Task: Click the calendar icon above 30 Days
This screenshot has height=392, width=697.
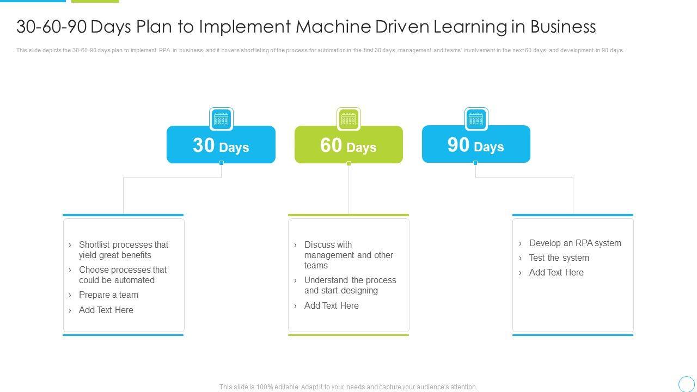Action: pyautogui.click(x=221, y=119)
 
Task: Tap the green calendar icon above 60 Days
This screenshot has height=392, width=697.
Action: pyautogui.click(x=348, y=119)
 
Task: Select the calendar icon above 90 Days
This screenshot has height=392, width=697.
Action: pyautogui.click(x=476, y=119)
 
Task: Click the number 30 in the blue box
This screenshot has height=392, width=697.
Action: pyautogui.click(x=204, y=145)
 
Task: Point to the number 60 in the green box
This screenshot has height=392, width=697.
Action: pyautogui.click(x=331, y=145)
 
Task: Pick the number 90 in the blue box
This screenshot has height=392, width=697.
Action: pyautogui.click(x=458, y=145)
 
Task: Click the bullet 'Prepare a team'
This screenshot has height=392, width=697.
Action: pyautogui.click(x=108, y=295)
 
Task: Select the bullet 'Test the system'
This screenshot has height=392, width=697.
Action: pyautogui.click(x=559, y=258)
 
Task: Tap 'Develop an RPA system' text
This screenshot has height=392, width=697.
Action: pyautogui.click(x=575, y=243)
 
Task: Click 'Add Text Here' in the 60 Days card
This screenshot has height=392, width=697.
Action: pyautogui.click(x=331, y=306)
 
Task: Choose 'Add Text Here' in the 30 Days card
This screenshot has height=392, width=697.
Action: pyautogui.click(x=106, y=310)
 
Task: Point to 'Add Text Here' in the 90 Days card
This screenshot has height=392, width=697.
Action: pyautogui.click(x=556, y=273)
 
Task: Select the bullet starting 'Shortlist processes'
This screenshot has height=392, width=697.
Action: pyautogui.click(x=123, y=250)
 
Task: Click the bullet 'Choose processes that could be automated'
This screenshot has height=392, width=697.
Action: pyautogui.click(x=123, y=275)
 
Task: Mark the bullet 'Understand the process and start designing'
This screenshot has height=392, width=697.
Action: pyautogui.click(x=350, y=285)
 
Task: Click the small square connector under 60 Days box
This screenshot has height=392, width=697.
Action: pyautogui.click(x=348, y=163)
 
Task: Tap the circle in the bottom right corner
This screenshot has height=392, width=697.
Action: pyautogui.click(x=687, y=384)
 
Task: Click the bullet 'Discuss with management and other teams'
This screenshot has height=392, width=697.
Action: pyautogui.click(x=348, y=255)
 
